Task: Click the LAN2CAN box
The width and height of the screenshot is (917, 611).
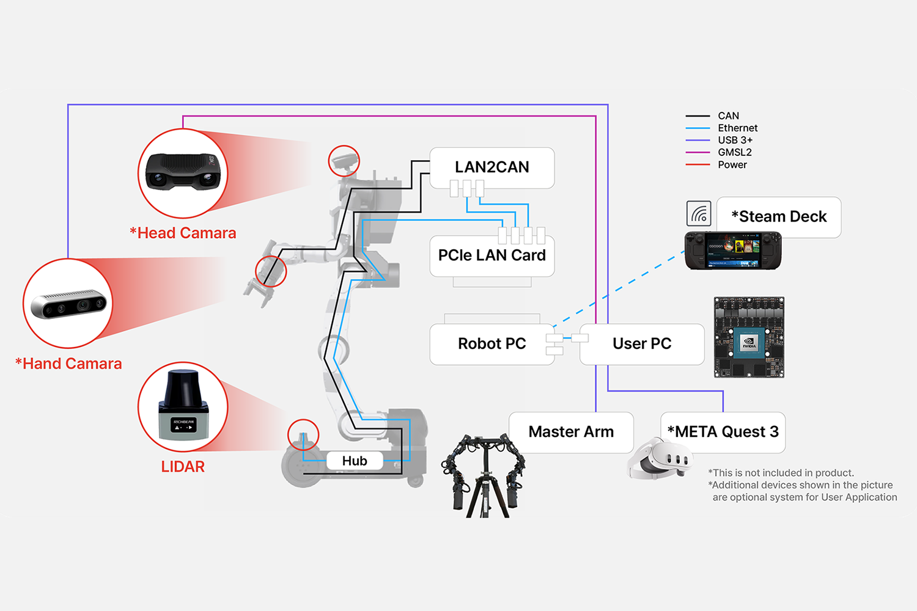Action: pos(492,167)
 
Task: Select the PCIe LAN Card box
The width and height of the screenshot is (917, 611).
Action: pos(492,255)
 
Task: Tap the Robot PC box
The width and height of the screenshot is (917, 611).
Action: pos(492,344)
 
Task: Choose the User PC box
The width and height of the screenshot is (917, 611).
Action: pos(642,344)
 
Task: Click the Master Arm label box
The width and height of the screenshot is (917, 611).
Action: pos(571,432)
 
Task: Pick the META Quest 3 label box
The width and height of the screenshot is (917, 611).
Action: pos(723,432)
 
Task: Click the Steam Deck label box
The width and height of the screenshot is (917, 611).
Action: pos(779,217)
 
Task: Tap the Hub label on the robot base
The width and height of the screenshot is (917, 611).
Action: pos(355,461)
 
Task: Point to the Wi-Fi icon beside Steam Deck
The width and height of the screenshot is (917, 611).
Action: pos(699,214)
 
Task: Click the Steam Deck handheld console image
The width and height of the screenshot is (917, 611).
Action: pos(733,251)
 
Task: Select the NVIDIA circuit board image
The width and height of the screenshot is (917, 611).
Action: pos(749,337)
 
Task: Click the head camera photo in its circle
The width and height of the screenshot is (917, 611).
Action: pos(183,173)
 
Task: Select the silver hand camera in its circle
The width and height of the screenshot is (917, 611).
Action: pos(68,304)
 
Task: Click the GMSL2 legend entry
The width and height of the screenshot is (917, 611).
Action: pos(734,152)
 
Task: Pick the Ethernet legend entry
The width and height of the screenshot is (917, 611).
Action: pos(737,128)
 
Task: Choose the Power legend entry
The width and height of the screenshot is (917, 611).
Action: pos(732,164)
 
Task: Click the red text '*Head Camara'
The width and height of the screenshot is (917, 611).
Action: pos(183,233)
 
